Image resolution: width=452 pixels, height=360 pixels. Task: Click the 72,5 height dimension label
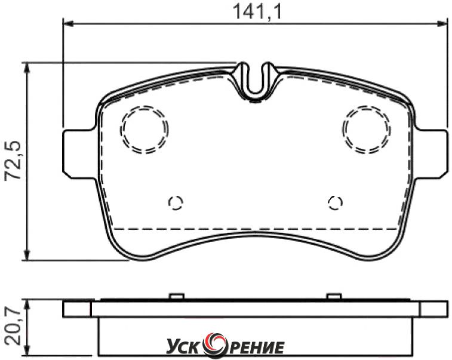[13, 161]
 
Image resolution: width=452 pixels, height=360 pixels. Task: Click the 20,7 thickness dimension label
[13, 327]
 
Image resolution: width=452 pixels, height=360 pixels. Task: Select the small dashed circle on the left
[169, 203]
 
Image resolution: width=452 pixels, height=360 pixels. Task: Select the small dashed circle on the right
[328, 203]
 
